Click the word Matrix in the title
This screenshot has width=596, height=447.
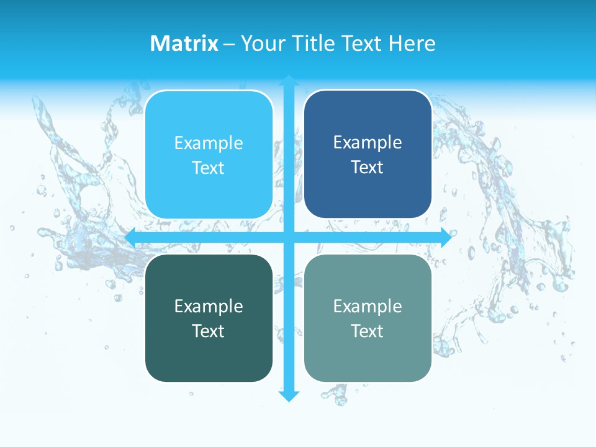coord(184,43)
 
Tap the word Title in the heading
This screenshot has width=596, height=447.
coord(314,43)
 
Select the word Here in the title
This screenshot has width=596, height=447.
coord(412,43)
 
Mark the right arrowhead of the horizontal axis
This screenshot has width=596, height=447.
coord(445,238)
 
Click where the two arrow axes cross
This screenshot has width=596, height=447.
coord(289,238)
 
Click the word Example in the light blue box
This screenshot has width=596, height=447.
coord(209,143)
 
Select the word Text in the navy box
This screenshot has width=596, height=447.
coord(367,167)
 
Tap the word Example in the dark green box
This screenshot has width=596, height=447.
coord(209,306)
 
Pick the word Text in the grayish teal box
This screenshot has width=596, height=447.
coord(367,331)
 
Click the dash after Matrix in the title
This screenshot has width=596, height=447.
coord(229,43)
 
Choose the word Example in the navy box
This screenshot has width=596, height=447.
coord(368,142)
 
